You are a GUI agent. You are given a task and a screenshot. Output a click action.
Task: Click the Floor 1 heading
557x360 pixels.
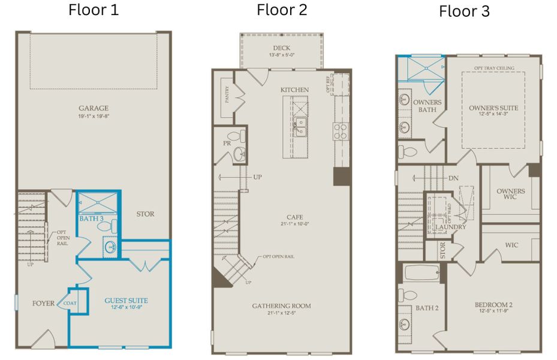coord(93,10)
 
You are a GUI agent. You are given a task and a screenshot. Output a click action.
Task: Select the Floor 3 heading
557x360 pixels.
coord(464,11)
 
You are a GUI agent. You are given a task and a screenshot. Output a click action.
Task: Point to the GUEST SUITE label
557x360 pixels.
coord(126,300)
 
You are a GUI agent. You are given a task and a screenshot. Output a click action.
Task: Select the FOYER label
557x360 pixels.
coord(44,304)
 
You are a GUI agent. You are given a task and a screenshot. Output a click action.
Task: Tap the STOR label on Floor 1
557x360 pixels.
coord(145,214)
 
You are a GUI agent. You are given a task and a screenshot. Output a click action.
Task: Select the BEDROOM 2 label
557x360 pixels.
coord(493,305)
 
